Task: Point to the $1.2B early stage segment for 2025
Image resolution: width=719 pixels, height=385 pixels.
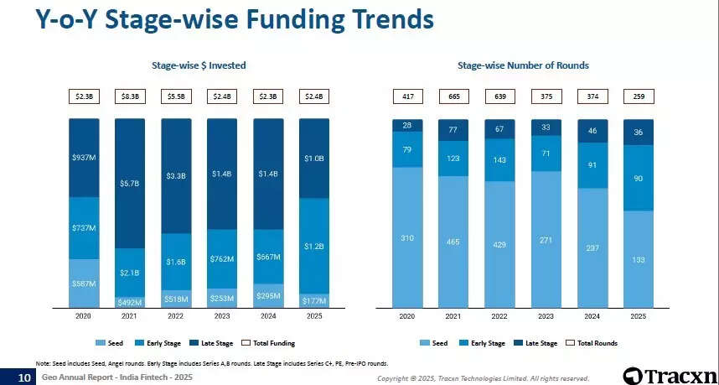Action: click(x=315, y=246)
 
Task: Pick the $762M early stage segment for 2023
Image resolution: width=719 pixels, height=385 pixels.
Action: click(x=223, y=258)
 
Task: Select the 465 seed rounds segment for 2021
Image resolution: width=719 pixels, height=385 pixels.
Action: click(x=453, y=242)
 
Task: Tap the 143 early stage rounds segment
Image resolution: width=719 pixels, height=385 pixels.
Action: click(x=499, y=159)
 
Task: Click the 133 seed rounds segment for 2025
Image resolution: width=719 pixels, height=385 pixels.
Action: click(x=638, y=259)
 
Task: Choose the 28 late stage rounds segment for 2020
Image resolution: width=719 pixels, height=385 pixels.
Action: click(x=407, y=125)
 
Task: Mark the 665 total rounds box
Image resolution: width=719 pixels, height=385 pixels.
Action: click(x=453, y=96)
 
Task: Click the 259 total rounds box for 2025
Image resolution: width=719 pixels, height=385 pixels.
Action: click(x=638, y=96)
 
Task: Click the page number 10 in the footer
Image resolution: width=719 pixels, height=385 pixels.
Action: click(x=24, y=378)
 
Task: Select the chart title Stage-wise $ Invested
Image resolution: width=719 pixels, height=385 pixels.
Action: click(x=199, y=65)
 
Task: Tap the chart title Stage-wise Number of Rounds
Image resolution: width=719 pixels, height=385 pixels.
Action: click(x=523, y=65)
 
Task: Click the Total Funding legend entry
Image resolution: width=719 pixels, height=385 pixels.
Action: click(x=267, y=343)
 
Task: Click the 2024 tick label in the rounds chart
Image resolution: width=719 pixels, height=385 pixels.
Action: click(x=592, y=316)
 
